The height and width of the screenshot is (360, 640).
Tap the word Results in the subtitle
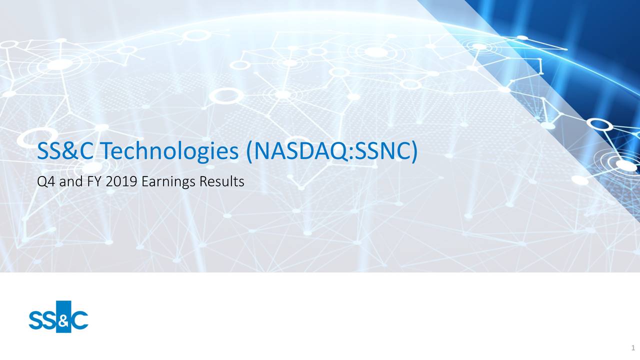[x=221, y=181]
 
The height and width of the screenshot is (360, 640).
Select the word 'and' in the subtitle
[x=69, y=181]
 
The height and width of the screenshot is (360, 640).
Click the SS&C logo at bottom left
[x=58, y=316]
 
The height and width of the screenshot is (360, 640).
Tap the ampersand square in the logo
[x=64, y=316]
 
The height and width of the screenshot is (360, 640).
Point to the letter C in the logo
[x=80, y=320]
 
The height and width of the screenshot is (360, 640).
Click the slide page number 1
[x=633, y=348]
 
